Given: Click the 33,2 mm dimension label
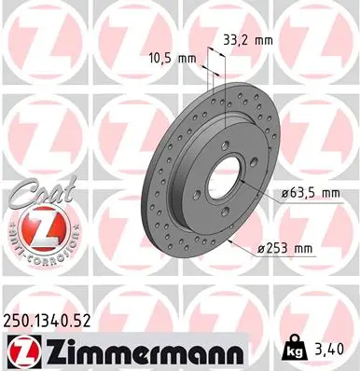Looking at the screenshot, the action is point(248,40).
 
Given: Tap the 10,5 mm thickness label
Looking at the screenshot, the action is point(173,58).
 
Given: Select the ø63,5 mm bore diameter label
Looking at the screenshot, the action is point(311,194).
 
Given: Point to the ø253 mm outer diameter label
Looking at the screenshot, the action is point(285,248).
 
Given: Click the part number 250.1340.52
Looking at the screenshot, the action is point(47,321).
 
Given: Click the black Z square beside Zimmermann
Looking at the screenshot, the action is point(22,351).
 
